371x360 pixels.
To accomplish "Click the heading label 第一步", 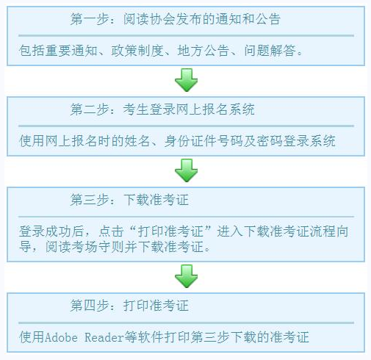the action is tap(90, 19).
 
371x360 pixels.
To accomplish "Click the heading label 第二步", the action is tap(90, 109).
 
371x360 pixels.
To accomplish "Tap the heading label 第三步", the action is tap(90, 200).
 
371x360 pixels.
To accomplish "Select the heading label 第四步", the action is tap(90, 306).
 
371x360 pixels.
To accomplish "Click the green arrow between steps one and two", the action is tap(187, 80).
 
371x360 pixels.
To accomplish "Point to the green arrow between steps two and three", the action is tap(187, 170).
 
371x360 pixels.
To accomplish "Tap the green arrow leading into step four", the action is tap(187, 276).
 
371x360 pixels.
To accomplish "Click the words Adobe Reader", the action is tap(84, 337).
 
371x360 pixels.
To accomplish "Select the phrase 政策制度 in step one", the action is tap(137, 51).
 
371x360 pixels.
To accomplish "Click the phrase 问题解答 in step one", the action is tap(270, 51).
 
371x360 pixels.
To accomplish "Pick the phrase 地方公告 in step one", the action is tap(203, 51).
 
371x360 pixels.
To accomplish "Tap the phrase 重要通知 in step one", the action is tap(71, 51).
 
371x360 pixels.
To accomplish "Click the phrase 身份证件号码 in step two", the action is tap(203, 141).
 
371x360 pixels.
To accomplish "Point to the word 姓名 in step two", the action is tap(137, 141).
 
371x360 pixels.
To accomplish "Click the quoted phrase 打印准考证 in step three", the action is tap(170, 231).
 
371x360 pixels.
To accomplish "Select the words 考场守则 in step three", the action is tap(98, 247).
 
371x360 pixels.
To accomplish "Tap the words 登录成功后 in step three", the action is tap(51, 231).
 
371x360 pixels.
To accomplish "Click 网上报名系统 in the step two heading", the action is tap(215, 109).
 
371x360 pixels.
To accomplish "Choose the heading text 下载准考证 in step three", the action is tap(156, 200).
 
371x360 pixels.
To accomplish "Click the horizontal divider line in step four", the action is tap(186, 323).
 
